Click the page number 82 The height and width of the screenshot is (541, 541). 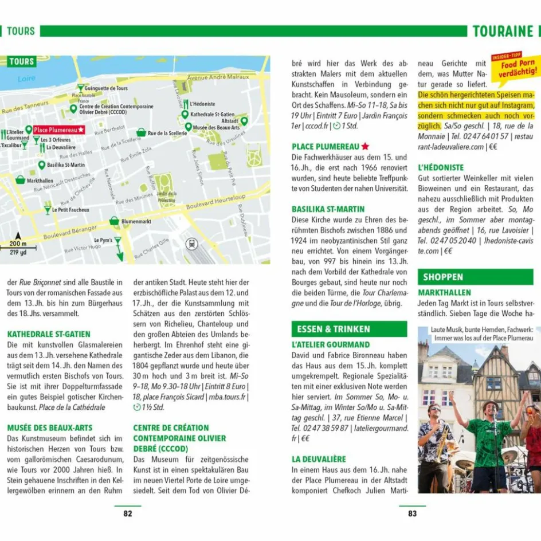click(x=128, y=513)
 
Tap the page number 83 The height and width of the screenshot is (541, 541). click(x=413, y=513)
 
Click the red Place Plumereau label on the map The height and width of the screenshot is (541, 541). click(x=58, y=130)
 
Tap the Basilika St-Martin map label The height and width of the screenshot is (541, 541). click(x=66, y=165)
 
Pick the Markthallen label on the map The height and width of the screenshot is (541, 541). click(x=40, y=181)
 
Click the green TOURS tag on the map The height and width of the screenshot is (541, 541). click(x=21, y=62)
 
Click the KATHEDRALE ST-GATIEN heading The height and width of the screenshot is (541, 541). click(x=49, y=334)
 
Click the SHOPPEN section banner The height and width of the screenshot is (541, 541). click(x=443, y=277)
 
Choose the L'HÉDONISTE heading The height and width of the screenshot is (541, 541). click(x=441, y=168)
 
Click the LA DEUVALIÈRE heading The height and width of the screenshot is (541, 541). click(x=319, y=459)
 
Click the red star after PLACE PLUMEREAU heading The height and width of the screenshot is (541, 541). click(x=365, y=147)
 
